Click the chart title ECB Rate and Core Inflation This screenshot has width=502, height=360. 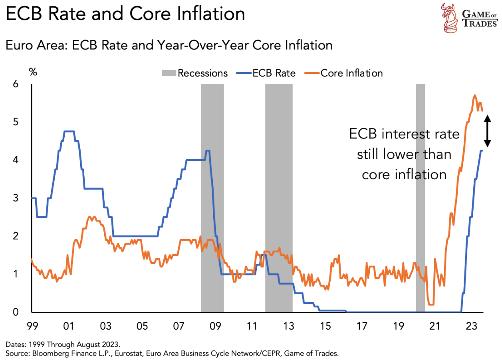125,14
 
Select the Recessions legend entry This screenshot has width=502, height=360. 195,73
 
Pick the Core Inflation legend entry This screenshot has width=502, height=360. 346,73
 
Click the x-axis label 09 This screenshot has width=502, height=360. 215,326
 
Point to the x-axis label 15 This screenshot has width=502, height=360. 325,326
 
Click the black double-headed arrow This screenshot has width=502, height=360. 487,131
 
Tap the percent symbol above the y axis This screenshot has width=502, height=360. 33,72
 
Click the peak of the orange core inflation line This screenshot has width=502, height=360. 474,95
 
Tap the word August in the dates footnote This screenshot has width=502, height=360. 84,344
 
